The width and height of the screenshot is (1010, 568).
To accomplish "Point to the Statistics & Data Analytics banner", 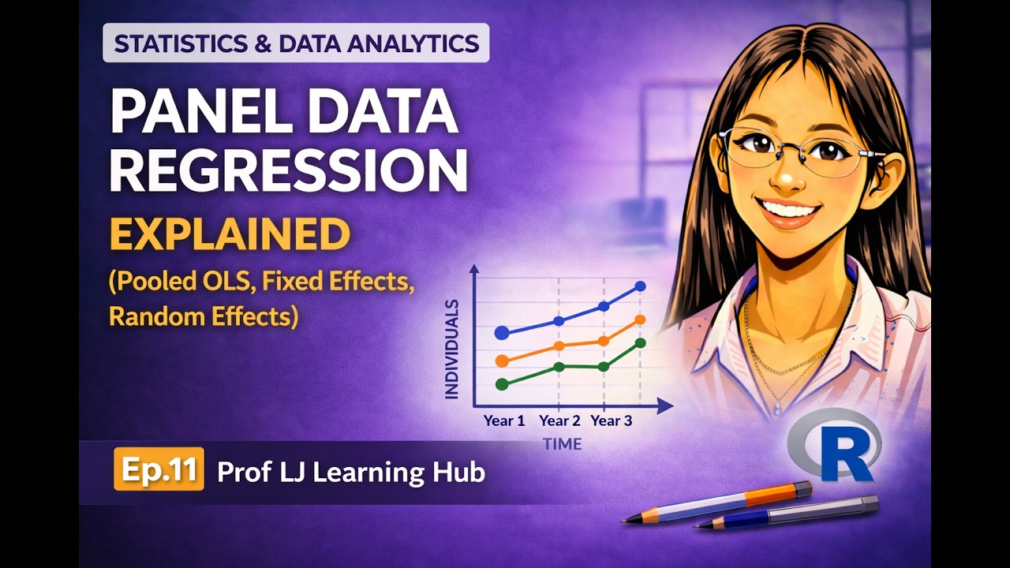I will pos(296,43).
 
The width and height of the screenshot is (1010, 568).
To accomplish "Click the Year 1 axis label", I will pos(503,421).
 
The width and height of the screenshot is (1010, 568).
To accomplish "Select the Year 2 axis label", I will pos(559,421).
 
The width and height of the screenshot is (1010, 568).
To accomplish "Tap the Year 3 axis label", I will pos(611,421).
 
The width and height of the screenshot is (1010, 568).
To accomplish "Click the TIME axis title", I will pos(562,444).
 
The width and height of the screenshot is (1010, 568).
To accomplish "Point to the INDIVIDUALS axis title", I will pos(452,348).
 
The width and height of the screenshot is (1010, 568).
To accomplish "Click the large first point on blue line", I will pos(502,333).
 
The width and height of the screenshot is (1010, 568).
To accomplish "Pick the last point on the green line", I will pos(640,342).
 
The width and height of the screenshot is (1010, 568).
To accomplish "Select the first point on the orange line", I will pos(502,361).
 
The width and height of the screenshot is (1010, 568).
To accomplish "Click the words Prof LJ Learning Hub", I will pos(350,472).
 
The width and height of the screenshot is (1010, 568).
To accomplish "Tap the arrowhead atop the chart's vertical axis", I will pos(474,269).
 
